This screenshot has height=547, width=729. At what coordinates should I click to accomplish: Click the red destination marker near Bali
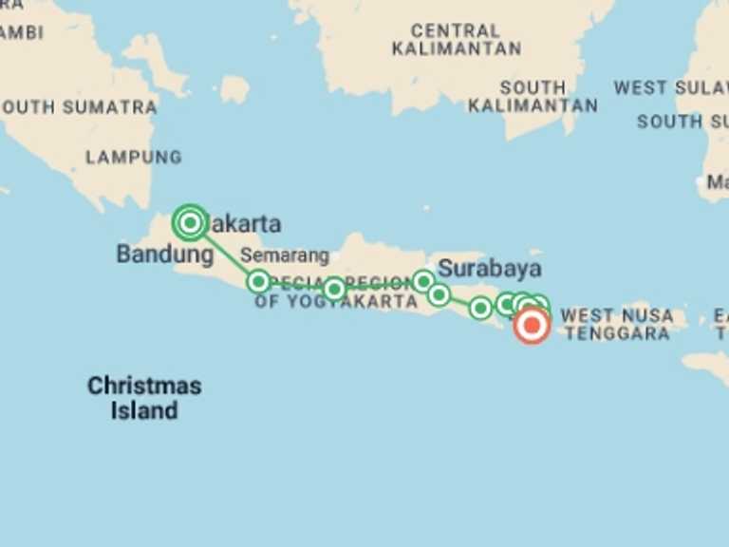point(532,327)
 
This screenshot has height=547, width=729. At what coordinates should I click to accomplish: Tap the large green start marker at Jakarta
point(191,223)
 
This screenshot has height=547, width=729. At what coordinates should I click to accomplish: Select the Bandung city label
point(164,255)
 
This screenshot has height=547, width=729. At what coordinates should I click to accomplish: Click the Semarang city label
point(284,255)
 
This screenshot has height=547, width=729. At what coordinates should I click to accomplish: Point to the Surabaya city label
point(490,267)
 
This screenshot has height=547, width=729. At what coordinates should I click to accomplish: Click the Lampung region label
point(133,158)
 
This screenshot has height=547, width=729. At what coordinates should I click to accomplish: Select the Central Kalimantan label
point(456,39)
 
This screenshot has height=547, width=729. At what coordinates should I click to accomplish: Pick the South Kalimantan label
point(533,96)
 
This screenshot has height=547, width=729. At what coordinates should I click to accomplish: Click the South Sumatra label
point(80,107)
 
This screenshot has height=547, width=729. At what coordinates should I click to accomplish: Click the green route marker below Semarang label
point(334,289)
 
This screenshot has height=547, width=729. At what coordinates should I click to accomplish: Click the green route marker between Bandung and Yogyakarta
point(258,281)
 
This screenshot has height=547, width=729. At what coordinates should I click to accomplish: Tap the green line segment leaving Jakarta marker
point(224,252)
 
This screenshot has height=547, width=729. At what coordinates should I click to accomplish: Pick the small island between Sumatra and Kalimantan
point(234,90)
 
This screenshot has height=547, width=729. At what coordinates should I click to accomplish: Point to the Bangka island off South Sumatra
point(156,62)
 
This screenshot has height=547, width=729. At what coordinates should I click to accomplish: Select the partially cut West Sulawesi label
point(670,88)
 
